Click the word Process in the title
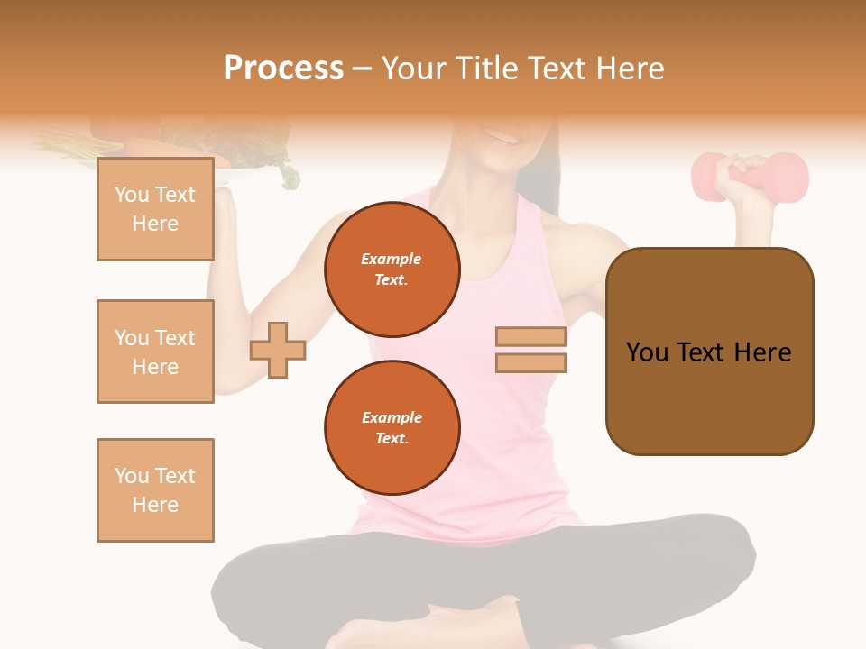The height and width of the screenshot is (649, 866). [283, 69]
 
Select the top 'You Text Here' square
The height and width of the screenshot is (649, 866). [155, 209]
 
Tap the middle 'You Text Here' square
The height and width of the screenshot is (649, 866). [155, 352]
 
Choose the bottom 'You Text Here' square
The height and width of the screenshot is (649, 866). [155, 490]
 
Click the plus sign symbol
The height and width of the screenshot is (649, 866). [278, 349]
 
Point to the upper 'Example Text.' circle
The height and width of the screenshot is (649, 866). [392, 270]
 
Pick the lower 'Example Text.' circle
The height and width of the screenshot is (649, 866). [392, 428]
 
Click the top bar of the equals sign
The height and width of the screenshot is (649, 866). [531, 337]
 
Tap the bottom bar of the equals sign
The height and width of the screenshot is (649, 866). [531, 362]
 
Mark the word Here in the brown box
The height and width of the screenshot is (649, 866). [762, 352]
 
